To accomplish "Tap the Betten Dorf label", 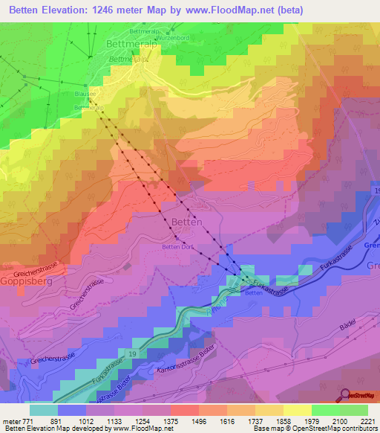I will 177,247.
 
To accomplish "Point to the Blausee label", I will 85,94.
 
